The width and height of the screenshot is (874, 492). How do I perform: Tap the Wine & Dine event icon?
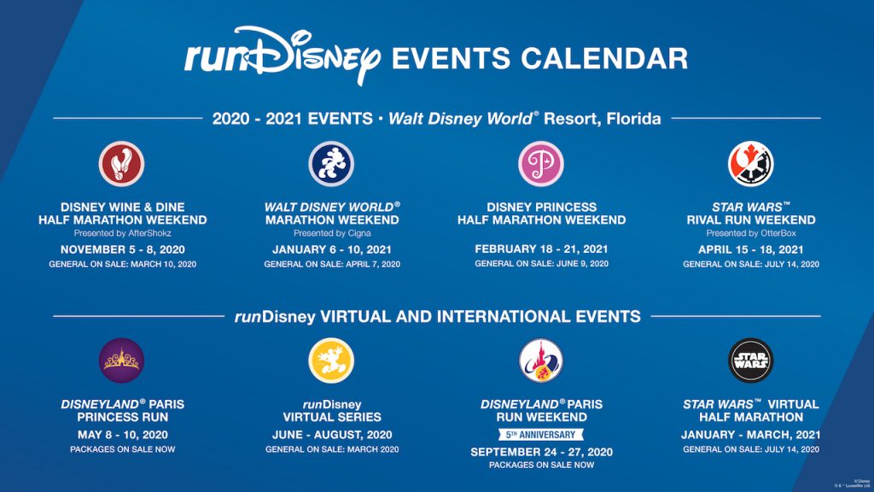122,163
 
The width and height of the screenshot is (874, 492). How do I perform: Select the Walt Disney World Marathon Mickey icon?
331,163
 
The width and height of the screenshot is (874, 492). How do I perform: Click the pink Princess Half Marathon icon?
541,163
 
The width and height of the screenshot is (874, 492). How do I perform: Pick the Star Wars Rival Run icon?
750,163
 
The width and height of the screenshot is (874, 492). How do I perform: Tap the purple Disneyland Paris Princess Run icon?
122,360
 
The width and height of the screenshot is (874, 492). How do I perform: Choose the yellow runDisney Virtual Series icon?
331,360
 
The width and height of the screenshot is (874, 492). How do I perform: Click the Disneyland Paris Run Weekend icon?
541,360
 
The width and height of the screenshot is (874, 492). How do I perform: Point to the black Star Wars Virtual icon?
750,360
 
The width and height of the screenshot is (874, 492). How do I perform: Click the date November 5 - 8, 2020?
122,249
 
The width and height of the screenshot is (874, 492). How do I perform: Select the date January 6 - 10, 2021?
332,249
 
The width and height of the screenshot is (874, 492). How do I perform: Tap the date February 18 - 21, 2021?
541,249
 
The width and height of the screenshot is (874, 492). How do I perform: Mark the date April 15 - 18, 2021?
750,249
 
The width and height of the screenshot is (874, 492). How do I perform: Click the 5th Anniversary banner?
541,434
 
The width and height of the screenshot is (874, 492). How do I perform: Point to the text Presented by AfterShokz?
122,233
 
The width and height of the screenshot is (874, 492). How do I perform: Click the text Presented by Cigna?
332,233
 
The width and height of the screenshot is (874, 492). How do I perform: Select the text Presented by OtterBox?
750,233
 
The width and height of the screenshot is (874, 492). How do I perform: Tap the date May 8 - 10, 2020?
122,434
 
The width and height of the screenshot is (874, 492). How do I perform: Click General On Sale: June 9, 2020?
541,264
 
